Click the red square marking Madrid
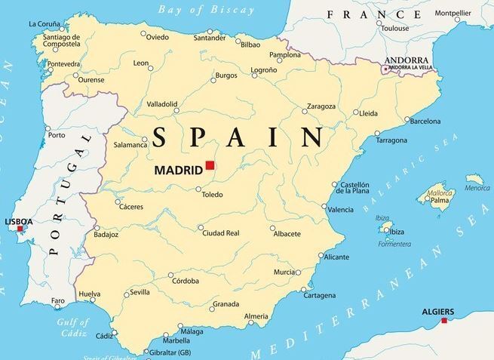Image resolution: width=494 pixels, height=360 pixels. (210, 165)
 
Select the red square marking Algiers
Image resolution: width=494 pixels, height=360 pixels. (444, 321)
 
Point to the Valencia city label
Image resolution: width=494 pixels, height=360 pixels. (342, 209)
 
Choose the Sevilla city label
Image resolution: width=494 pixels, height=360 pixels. (140, 292)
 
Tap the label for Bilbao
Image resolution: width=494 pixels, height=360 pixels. (250, 45)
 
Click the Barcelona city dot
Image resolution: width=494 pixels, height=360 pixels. (407, 120)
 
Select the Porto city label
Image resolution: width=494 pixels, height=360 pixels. (57, 136)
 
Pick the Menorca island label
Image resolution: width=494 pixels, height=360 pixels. (477, 188)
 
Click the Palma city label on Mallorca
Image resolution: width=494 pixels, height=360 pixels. (440, 201)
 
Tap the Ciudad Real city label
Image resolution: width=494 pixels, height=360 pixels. (221, 233)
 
